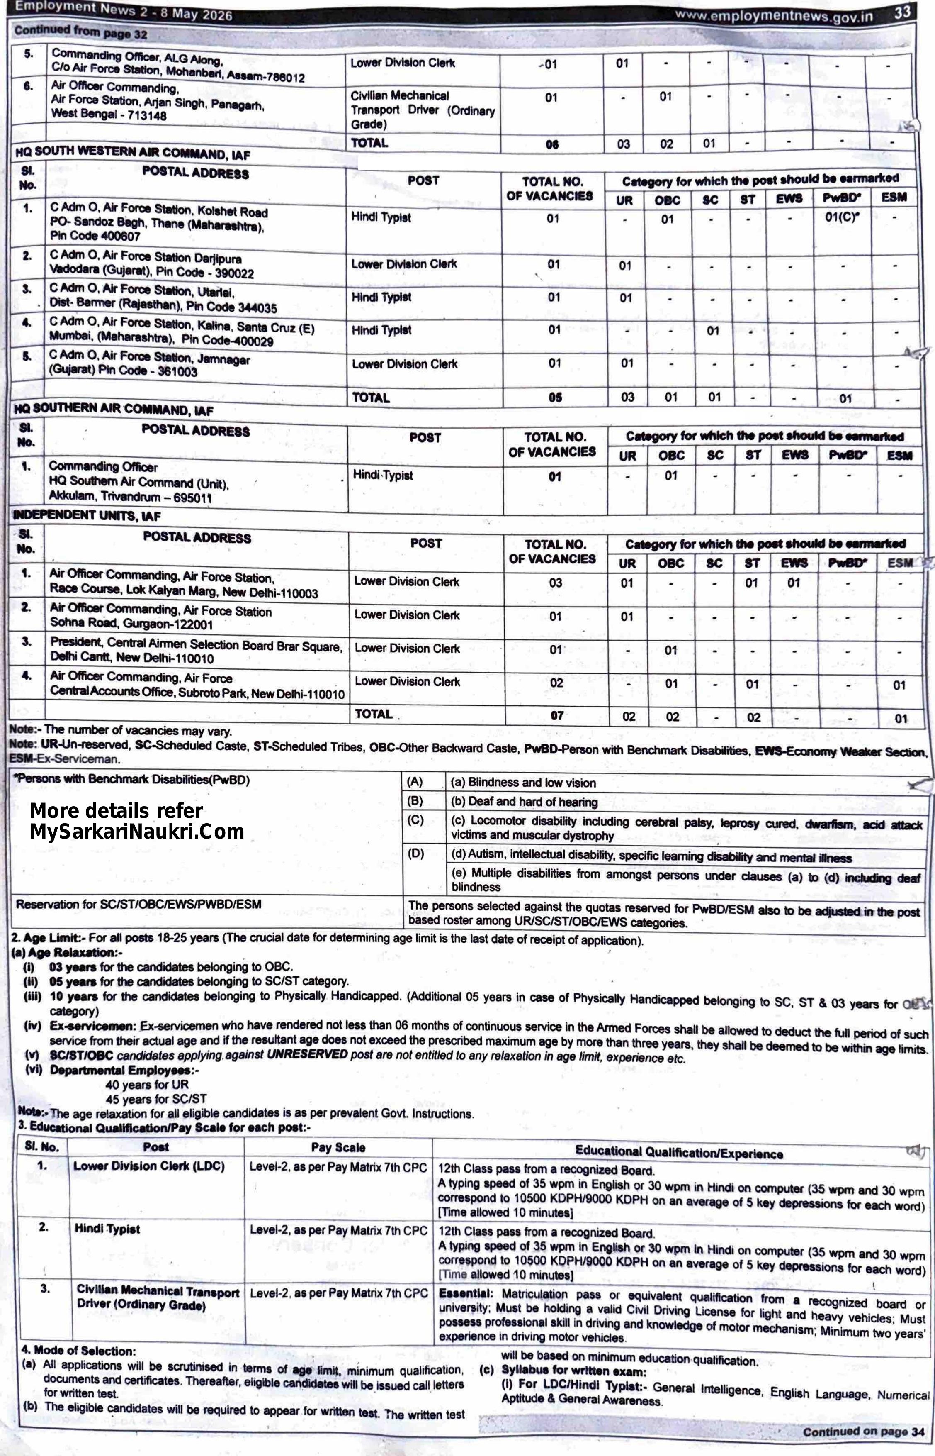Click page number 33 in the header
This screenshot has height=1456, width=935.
pos(902,12)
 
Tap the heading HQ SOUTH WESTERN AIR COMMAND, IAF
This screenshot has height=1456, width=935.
pos(132,153)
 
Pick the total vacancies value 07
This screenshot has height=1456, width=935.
pos(557,715)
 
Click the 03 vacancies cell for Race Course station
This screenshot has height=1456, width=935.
pos(556,583)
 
